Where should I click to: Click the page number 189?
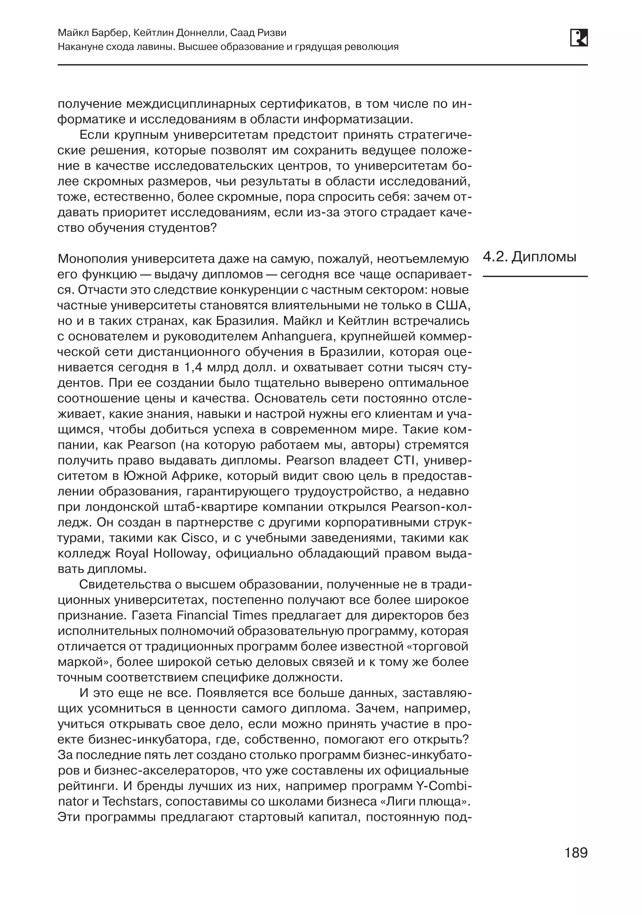[576, 853]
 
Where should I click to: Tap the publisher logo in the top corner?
[579, 38]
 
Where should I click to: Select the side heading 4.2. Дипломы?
[529, 257]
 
